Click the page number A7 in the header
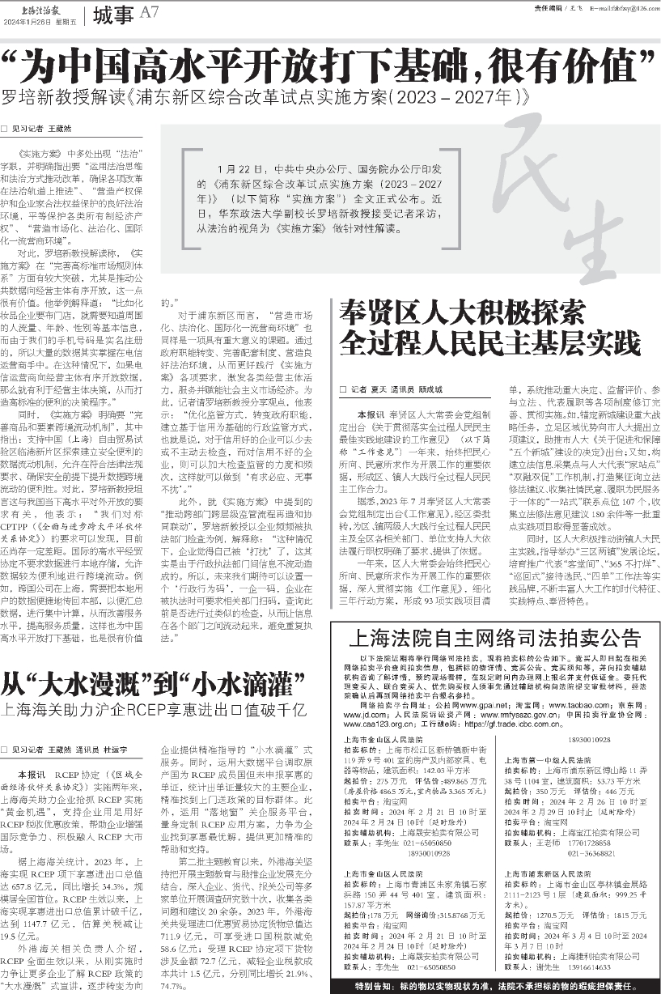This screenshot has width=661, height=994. coord(150,12)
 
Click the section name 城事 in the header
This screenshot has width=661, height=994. coord(112,13)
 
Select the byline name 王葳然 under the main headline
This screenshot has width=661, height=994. coord(60,128)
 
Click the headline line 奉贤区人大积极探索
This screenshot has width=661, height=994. coord(462,311)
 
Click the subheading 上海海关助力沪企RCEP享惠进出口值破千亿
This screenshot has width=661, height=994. coord(155,712)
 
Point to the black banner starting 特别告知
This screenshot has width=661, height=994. coord(494,987)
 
